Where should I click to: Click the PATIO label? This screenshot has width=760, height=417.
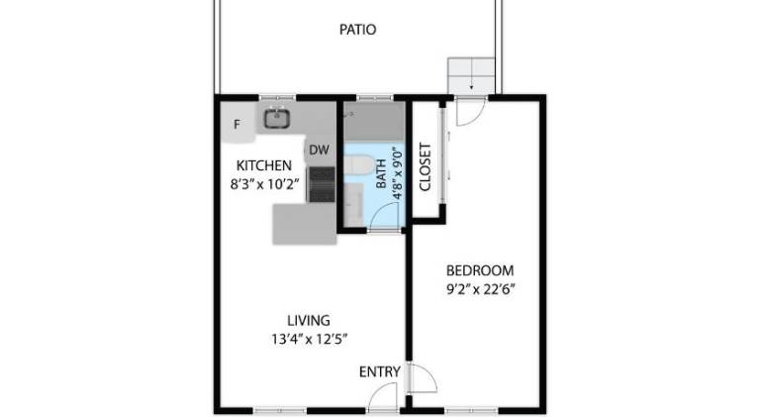tap(357, 30)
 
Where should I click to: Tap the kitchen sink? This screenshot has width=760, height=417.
tap(277, 119)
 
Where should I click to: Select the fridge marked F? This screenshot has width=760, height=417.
tap(237, 124)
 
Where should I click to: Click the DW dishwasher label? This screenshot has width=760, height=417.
tap(319, 150)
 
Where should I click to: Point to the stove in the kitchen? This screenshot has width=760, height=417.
tap(322, 184)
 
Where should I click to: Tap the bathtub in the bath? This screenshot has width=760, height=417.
tap(374, 121)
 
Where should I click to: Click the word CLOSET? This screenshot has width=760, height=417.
tap(425, 166)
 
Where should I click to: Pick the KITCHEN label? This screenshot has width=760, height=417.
tap(263, 165)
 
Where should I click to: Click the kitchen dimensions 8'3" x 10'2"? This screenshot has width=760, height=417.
tap(263, 184)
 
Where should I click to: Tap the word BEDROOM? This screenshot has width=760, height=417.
tap(479, 270)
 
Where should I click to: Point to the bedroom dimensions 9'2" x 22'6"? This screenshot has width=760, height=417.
tap(480, 289)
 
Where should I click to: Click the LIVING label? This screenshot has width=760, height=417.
tap(309, 321)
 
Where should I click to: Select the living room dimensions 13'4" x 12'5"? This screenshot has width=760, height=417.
tap(309, 339)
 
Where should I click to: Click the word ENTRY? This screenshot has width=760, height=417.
tap(380, 371)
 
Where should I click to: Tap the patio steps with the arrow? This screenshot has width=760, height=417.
tap(471, 76)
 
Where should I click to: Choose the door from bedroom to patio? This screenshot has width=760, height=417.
tap(470, 112)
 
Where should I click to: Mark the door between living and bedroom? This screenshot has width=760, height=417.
tap(422, 378)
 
